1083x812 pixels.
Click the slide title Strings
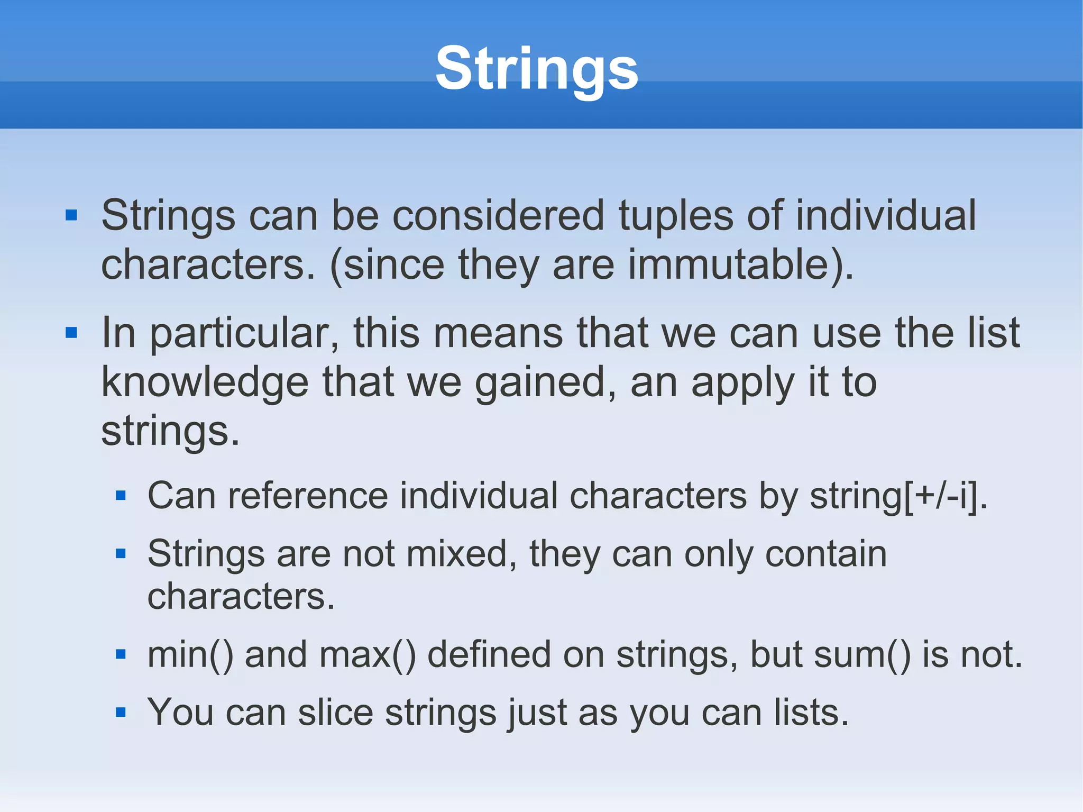coord(536,69)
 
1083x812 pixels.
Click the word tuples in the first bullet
coord(675,215)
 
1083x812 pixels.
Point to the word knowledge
coord(205,382)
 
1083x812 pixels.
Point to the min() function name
coord(190,655)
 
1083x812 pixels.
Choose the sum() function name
coord(862,655)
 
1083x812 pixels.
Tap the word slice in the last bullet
coord(335,713)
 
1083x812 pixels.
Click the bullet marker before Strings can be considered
coord(71,215)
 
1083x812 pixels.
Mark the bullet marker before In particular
coord(71,333)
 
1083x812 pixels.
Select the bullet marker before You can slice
coord(121,713)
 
